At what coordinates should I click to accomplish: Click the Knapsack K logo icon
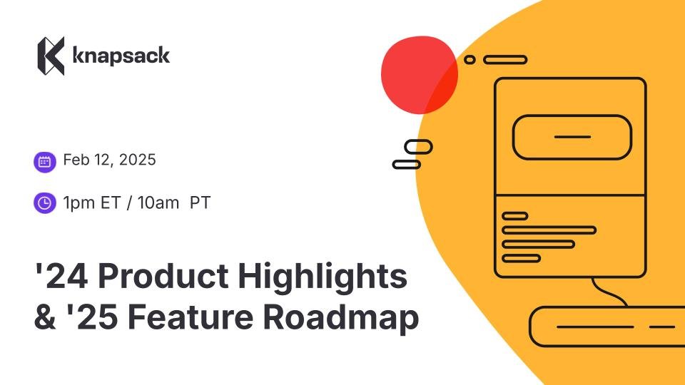click(51, 56)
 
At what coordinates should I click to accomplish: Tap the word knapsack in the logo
click(121, 56)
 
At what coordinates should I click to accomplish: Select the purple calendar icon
click(44, 162)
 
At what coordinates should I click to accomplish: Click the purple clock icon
click(44, 203)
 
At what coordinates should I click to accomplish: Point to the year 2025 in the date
click(137, 160)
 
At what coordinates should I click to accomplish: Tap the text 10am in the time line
click(158, 203)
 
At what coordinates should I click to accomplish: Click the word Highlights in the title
click(323, 277)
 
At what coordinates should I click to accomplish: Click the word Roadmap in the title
click(341, 317)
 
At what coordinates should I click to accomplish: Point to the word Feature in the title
click(191, 317)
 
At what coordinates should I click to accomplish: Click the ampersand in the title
click(46, 317)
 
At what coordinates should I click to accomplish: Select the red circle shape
click(420, 75)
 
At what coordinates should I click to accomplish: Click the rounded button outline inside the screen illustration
click(572, 115)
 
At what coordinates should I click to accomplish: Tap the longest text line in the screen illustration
click(549, 230)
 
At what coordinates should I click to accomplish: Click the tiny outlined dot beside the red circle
click(470, 60)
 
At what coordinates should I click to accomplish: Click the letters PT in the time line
click(200, 203)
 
